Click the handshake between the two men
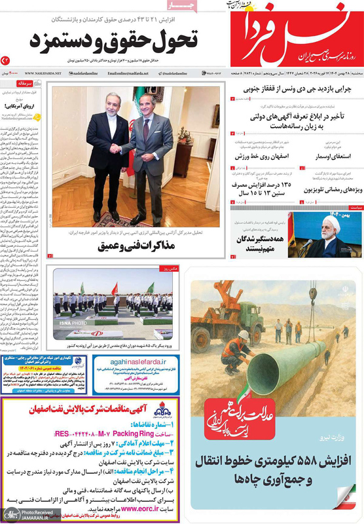(x=124, y=149)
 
